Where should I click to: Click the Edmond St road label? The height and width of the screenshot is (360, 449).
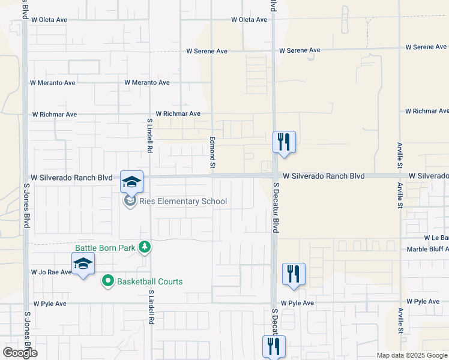212,152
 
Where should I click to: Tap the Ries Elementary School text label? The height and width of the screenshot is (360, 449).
182,201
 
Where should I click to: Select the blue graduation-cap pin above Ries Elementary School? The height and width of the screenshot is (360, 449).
132,181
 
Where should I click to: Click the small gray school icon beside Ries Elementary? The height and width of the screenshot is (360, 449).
130,201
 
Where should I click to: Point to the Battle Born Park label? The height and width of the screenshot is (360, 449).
105,247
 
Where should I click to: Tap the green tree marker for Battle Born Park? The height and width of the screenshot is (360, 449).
144,247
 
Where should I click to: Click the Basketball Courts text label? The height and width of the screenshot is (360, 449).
149,281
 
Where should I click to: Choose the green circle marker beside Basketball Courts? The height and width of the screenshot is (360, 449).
108,281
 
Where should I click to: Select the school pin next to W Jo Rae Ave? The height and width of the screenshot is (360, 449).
83,264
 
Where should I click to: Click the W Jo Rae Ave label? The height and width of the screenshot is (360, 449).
52,272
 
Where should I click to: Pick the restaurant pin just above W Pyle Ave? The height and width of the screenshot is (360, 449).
294,274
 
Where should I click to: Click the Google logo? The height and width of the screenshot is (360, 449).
20,353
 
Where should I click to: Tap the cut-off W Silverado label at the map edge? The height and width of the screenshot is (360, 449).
429,176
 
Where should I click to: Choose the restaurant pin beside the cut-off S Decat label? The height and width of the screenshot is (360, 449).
274,346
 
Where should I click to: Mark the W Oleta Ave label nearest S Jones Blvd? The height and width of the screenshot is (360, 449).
49,20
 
